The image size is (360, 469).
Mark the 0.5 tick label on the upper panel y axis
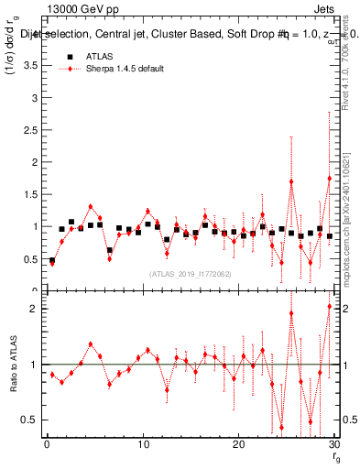click(27, 258)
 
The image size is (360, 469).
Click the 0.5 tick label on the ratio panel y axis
click(27, 420)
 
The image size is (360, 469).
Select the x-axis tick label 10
click(142, 444)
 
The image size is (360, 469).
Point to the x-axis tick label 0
click(47, 444)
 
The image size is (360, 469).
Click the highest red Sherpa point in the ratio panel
click(329, 306)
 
